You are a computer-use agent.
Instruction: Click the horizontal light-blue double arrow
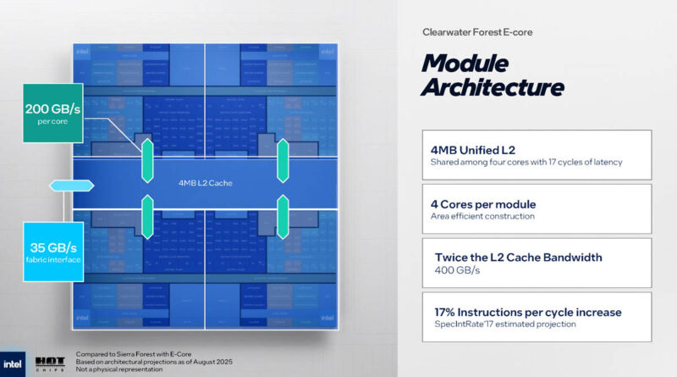point(61,186)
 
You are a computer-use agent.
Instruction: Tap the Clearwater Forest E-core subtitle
point(476,32)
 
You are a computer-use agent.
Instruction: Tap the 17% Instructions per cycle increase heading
point(526,312)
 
